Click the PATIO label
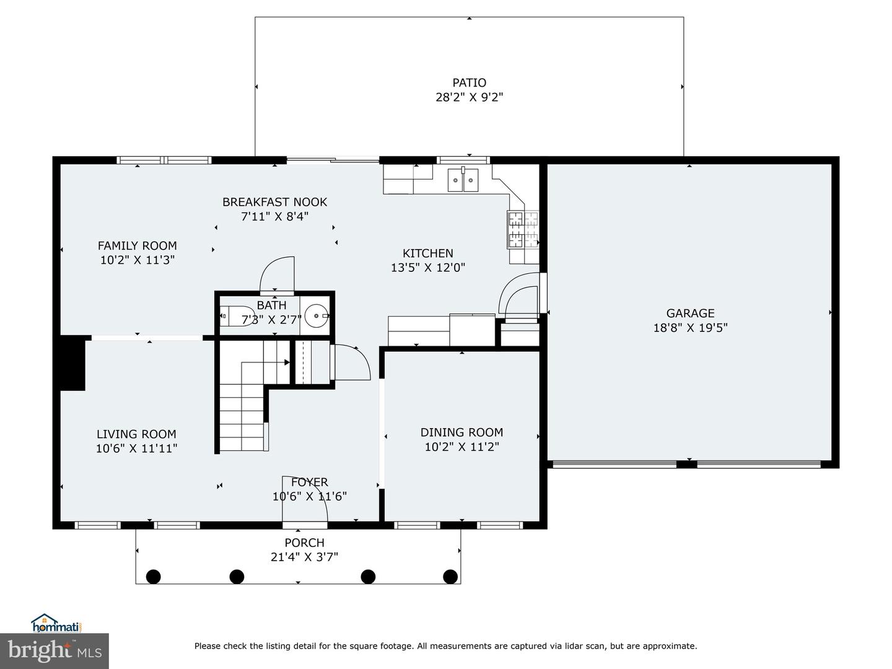click(x=469, y=82)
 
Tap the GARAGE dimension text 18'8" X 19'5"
click(x=690, y=328)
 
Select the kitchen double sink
click(x=463, y=180)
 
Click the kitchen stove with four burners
click(x=523, y=229)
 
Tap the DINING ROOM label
click(x=461, y=432)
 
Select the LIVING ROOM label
click(x=136, y=434)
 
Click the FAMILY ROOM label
click(x=138, y=245)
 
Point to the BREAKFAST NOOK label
click(x=274, y=202)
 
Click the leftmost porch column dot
click(x=153, y=577)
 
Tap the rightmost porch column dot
click(x=450, y=577)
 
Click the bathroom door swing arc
click(x=276, y=274)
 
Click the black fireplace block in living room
click(x=72, y=363)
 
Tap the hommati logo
click(x=56, y=623)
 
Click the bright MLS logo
click(x=55, y=651)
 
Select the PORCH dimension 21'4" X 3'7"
click(x=304, y=557)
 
